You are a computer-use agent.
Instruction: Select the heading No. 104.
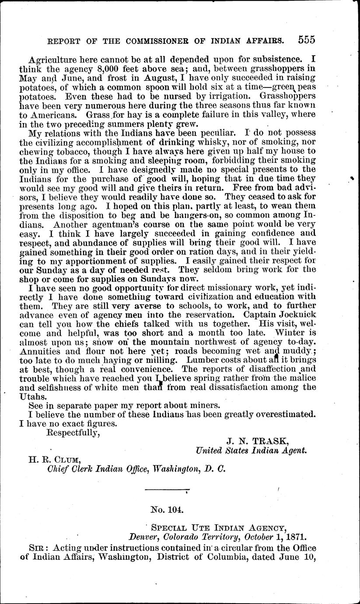[167, 509]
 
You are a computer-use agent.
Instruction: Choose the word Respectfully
[74, 433]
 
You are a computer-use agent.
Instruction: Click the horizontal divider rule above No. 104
[167, 489]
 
